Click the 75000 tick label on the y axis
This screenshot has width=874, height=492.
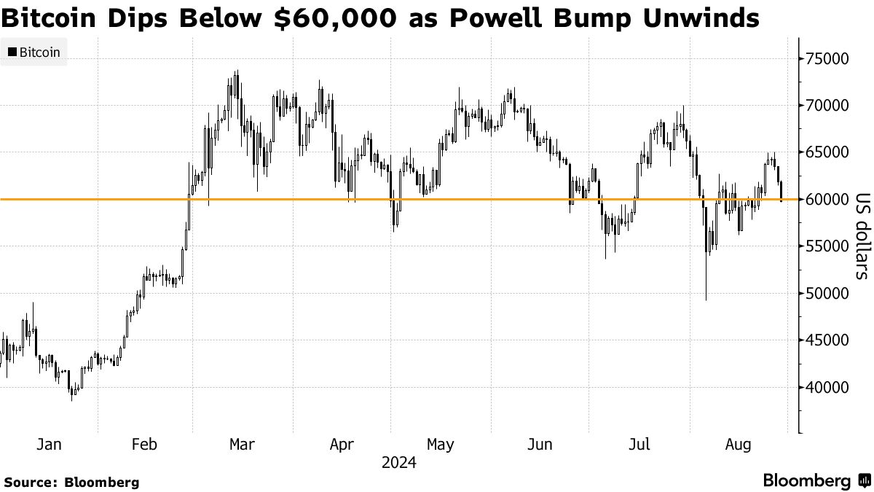point(829,58)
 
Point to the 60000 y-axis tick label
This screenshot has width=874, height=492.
point(829,199)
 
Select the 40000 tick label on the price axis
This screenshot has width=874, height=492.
point(829,387)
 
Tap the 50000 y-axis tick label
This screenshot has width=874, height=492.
point(829,293)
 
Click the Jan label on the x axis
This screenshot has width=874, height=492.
point(48,444)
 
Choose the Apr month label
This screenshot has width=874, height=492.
point(342,444)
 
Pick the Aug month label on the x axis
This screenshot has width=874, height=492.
point(736,444)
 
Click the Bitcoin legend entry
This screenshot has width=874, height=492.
point(34,52)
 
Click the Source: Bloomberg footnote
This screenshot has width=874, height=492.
point(71,482)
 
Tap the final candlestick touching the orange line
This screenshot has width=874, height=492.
point(782,191)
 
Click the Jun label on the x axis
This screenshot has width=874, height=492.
point(539,444)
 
